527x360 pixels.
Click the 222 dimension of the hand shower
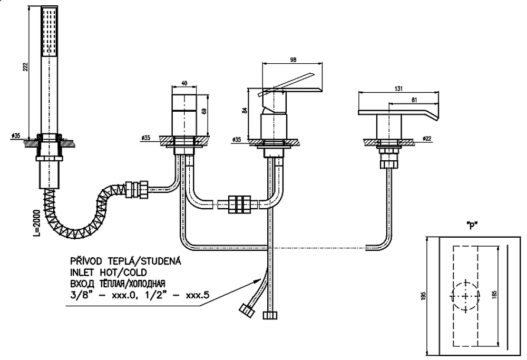(x=25, y=67)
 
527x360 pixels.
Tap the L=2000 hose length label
(x=37, y=222)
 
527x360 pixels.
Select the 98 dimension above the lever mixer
(x=293, y=60)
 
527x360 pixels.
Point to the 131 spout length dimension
(x=398, y=89)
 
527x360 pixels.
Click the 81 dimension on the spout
(x=414, y=100)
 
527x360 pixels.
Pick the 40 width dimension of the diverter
(x=184, y=83)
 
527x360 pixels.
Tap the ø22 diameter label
(x=427, y=138)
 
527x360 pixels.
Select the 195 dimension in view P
(x=424, y=296)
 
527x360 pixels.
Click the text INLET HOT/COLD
(x=109, y=273)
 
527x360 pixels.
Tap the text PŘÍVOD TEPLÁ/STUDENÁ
(x=125, y=261)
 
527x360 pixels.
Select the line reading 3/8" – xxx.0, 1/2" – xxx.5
(x=140, y=296)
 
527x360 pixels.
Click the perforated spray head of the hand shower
(x=49, y=32)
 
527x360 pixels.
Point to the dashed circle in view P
(x=465, y=296)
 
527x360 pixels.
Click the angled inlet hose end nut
(x=246, y=309)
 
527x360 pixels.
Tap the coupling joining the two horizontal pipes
(x=239, y=204)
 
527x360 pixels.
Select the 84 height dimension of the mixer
(x=245, y=110)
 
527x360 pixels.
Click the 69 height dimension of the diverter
(x=203, y=111)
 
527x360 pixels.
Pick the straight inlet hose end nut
(x=270, y=315)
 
